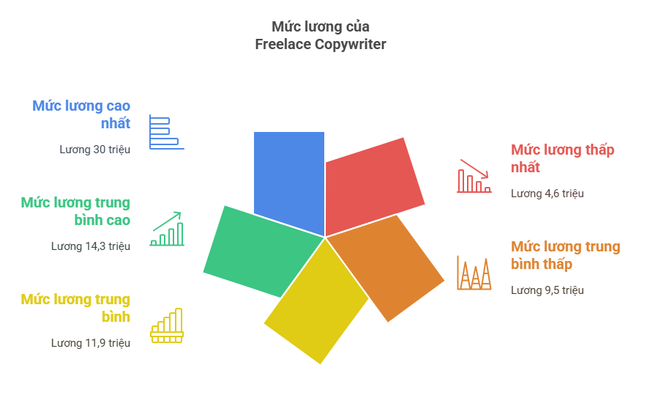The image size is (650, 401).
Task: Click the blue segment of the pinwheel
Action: pos(289,178)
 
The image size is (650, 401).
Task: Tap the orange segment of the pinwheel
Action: pos(386,265)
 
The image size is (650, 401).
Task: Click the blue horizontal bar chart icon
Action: pos(167,132)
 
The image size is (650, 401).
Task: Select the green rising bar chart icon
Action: pos(167,229)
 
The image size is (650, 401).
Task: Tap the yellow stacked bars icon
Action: pos(167,325)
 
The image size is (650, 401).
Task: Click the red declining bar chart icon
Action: pos(474,176)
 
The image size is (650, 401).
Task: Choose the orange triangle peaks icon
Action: pos(474,273)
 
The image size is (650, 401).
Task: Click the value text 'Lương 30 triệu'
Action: pos(95,150)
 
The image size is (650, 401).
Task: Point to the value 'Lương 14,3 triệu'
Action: pos(91,246)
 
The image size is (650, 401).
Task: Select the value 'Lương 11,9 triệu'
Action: pos(91,343)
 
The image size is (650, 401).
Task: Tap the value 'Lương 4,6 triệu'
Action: pos(548,194)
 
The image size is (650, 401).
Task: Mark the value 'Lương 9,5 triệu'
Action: pos(548,290)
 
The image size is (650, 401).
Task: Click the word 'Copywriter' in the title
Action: pos(351,45)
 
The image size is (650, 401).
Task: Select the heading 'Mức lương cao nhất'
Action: pos(81,114)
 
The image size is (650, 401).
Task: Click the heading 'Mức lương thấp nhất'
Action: pos(563,158)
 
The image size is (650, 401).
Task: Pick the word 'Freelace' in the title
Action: pos(283,44)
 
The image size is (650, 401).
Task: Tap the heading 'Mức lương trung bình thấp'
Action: pos(565,255)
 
